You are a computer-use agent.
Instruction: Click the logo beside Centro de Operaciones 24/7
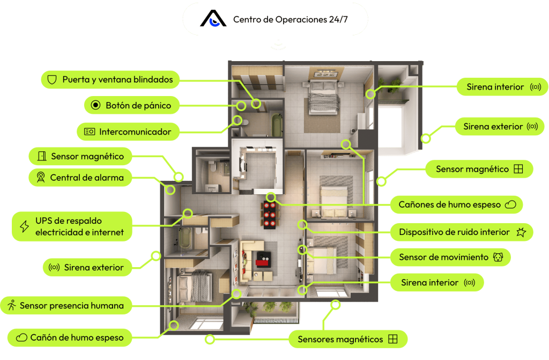pyautogui.click(x=213, y=19)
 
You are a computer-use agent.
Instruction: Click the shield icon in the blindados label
pyautogui.click(x=52, y=80)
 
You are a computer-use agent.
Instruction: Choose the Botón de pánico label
pyautogui.click(x=131, y=105)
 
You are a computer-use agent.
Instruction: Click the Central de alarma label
pyautogui.click(x=80, y=177)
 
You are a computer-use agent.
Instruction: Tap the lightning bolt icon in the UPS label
pyautogui.click(x=24, y=226)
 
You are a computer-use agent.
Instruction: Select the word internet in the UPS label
pyautogui.click(x=105, y=232)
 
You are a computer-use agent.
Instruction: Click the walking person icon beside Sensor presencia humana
pyautogui.click(x=12, y=305)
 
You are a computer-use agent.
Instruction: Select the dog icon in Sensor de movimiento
pyautogui.click(x=498, y=257)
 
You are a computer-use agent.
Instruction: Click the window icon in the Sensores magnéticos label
pyautogui.click(x=393, y=339)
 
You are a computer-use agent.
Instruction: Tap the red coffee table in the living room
pyautogui.click(x=264, y=260)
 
